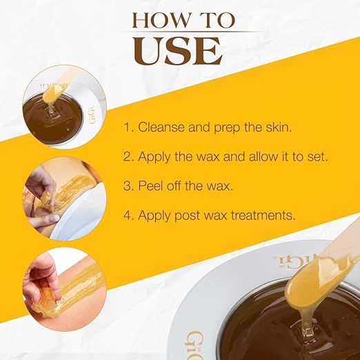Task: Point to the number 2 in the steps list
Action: pyautogui.click(x=128, y=157)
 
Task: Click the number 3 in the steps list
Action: pyautogui.click(x=128, y=186)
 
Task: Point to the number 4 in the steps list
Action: pyautogui.click(x=128, y=215)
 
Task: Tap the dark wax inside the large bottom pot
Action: pyautogui.click(x=276, y=331)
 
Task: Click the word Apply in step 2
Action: pyautogui.click(x=155, y=157)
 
